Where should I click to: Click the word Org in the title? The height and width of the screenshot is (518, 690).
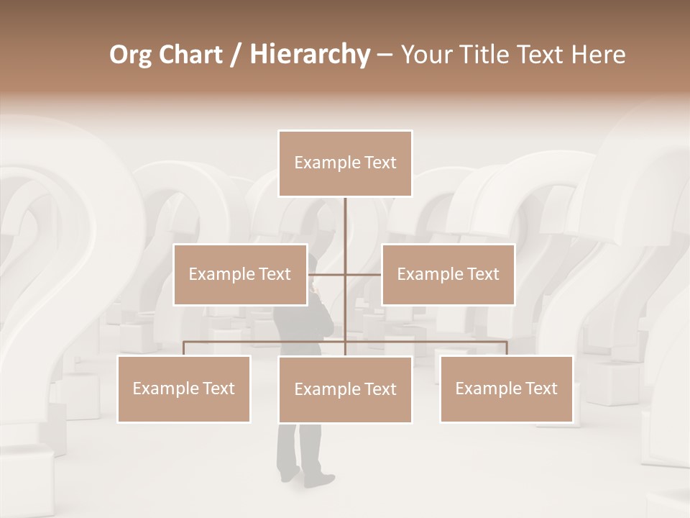132,55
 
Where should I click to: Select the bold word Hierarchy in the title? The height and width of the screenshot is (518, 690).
310,55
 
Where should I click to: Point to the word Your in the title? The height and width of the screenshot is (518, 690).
425,55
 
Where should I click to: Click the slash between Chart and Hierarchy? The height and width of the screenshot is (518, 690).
236,55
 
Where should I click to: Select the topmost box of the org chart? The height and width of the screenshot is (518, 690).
345,163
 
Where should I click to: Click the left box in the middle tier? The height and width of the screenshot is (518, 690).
240,274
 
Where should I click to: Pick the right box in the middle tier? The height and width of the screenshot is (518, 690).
448,274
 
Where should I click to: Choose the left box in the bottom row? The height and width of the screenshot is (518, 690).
184,388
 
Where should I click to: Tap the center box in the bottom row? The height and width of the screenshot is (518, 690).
345,389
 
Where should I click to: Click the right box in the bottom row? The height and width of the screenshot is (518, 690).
507,388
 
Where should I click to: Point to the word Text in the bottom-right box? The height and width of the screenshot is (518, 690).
540,388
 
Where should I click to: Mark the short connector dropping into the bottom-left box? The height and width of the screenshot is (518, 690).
184,348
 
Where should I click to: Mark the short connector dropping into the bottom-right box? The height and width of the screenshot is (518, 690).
507,348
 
